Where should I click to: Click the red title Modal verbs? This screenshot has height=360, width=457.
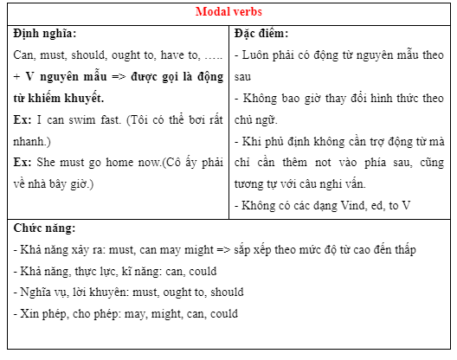point(228,13)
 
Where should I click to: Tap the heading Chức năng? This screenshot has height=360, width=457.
point(45,228)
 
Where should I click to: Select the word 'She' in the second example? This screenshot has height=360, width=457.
point(49,162)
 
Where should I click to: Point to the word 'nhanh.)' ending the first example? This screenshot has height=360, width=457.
point(34,140)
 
